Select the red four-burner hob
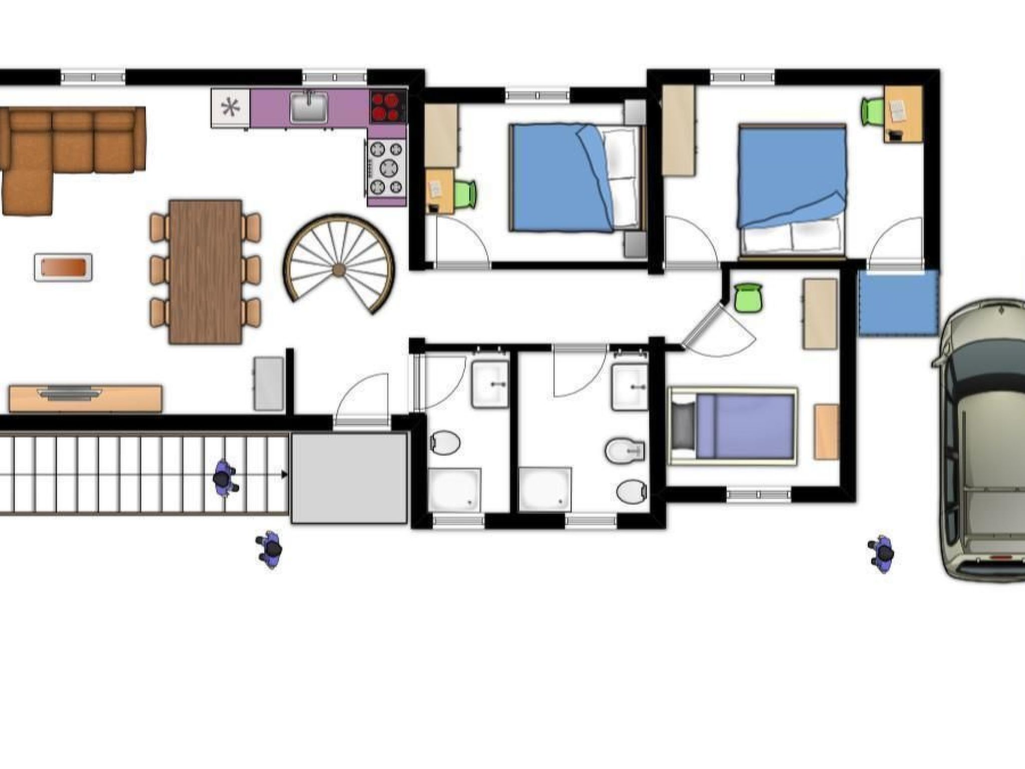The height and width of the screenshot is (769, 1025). click(x=388, y=106)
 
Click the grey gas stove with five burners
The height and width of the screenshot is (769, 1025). click(x=386, y=167)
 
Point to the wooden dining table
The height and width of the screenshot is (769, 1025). click(x=205, y=272)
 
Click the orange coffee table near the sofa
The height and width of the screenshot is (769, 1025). click(x=63, y=267)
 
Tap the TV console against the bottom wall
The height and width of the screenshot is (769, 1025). click(x=86, y=398)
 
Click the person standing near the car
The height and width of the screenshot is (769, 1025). click(x=882, y=554)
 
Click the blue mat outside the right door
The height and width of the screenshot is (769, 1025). click(x=898, y=303)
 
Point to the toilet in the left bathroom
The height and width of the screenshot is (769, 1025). click(x=445, y=443)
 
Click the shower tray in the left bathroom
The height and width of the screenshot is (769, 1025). click(x=454, y=489)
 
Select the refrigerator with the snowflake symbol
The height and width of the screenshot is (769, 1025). click(x=230, y=108)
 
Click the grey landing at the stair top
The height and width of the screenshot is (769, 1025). click(x=349, y=479)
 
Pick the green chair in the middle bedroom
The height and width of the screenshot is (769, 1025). click(x=465, y=194)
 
